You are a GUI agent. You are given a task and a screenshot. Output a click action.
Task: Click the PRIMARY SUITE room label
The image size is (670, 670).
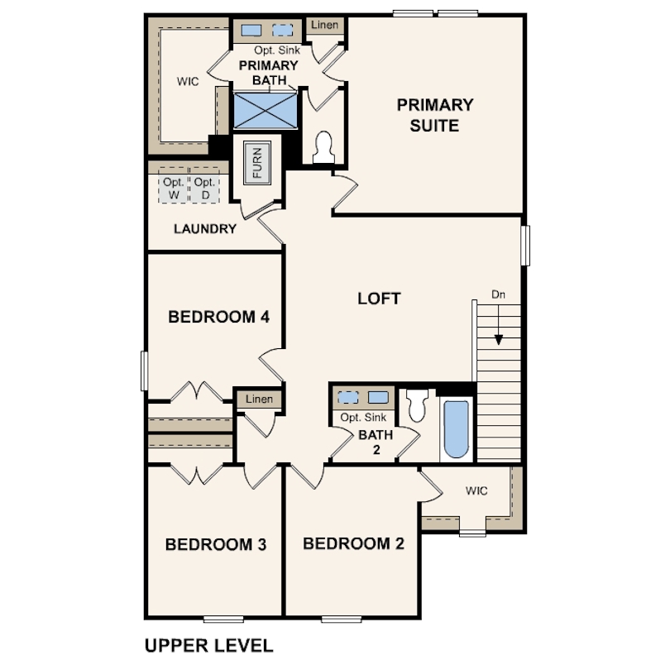(x=435, y=115)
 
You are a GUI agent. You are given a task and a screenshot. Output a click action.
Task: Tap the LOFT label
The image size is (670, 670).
(x=379, y=299)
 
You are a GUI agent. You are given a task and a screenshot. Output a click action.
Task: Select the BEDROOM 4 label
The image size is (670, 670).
(x=218, y=317)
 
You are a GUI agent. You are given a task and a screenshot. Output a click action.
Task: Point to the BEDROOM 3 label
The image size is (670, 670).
(x=216, y=544)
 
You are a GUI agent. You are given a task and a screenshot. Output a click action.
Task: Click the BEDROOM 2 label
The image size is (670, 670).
(x=353, y=543)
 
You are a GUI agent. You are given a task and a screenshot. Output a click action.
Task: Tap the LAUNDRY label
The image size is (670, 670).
(x=205, y=229)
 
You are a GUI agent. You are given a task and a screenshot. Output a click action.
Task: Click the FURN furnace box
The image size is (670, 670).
(x=257, y=163)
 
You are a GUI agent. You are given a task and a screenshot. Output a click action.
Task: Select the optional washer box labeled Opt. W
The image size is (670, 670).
(x=174, y=188)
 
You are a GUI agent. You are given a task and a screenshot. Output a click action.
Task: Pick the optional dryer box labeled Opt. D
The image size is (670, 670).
(x=204, y=188)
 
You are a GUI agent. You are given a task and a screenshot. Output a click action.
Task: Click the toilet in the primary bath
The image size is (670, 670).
(x=323, y=147)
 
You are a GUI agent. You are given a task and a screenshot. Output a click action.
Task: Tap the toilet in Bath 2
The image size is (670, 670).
(x=417, y=404)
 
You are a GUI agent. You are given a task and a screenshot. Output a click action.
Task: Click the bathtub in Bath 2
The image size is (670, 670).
(x=457, y=429)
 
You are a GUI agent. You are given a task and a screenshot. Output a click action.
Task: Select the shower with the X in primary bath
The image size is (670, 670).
(x=266, y=110)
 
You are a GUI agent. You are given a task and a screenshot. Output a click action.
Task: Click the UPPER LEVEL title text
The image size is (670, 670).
(x=209, y=645)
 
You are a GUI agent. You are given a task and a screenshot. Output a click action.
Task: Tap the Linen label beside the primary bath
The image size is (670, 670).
(x=325, y=25)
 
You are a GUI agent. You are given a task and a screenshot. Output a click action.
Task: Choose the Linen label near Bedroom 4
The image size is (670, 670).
(x=259, y=399)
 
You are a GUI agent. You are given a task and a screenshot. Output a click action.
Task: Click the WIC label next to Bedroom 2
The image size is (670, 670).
(x=476, y=491)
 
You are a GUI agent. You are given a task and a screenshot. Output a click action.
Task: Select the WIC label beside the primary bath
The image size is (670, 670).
(x=188, y=81)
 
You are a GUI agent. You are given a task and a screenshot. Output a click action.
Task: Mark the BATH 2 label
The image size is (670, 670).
(x=376, y=443)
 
